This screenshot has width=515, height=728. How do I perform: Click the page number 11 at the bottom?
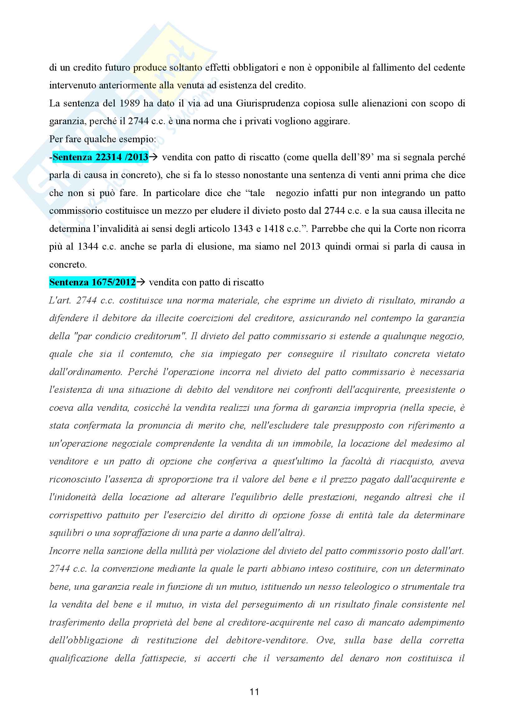pos(254,692)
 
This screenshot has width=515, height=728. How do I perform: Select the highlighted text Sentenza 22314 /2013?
pos(100,157)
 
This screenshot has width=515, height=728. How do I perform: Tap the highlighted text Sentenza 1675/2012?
pos(92,282)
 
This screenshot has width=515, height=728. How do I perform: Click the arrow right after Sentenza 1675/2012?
pos(141,282)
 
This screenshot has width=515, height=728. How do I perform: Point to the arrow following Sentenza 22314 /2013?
pos(153,157)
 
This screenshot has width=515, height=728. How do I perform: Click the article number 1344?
pos(88,247)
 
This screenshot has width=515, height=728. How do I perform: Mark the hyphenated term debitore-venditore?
pos(267,640)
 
